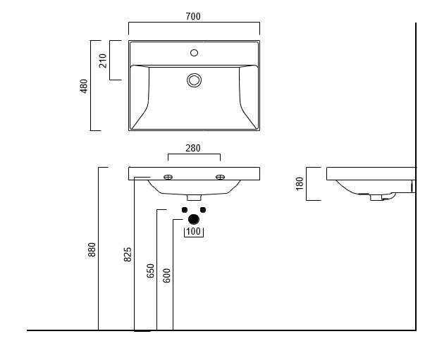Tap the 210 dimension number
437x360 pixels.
102,61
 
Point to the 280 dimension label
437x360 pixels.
194,148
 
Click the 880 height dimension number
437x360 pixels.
92,250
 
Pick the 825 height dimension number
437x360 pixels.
128,254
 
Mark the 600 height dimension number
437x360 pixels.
166,275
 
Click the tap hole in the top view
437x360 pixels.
194,52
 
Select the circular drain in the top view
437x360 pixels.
194,80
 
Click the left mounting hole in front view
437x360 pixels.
169,177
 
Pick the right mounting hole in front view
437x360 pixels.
219,177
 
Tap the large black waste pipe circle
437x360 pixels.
194,219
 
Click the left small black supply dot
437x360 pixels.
184,210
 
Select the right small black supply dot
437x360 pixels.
203,210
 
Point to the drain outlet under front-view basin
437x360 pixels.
194,197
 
